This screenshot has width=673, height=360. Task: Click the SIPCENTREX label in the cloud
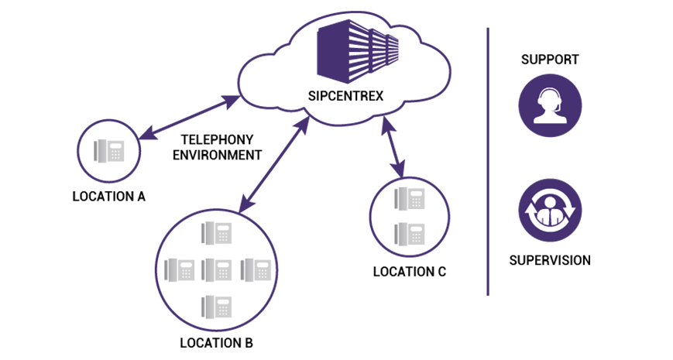coord(345,96)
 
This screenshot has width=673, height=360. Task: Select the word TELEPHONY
coord(217,140)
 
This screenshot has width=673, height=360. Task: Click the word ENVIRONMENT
coord(217,155)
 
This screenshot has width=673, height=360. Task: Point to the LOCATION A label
coord(109,197)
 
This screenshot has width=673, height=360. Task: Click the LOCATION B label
coord(217,343)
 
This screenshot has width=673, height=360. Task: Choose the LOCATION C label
coord(410,272)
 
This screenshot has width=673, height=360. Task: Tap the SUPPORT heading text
coord(550,59)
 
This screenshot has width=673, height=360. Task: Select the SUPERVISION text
coord(550,260)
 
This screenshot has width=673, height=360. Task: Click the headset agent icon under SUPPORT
coord(550,105)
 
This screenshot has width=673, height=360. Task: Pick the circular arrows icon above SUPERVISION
coord(550,211)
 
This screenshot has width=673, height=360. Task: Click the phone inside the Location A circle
coord(109,151)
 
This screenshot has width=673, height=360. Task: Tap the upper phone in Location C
coord(410,199)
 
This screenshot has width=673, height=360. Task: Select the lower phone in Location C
coord(410,234)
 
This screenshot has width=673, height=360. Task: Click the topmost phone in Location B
coord(216,233)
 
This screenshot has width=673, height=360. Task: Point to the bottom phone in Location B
coord(216,307)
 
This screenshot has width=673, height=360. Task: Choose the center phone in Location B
coord(216,270)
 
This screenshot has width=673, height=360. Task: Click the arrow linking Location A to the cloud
coord(189,118)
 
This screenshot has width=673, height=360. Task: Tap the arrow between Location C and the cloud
coord(393,147)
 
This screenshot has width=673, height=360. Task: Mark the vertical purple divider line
coord(488,162)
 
